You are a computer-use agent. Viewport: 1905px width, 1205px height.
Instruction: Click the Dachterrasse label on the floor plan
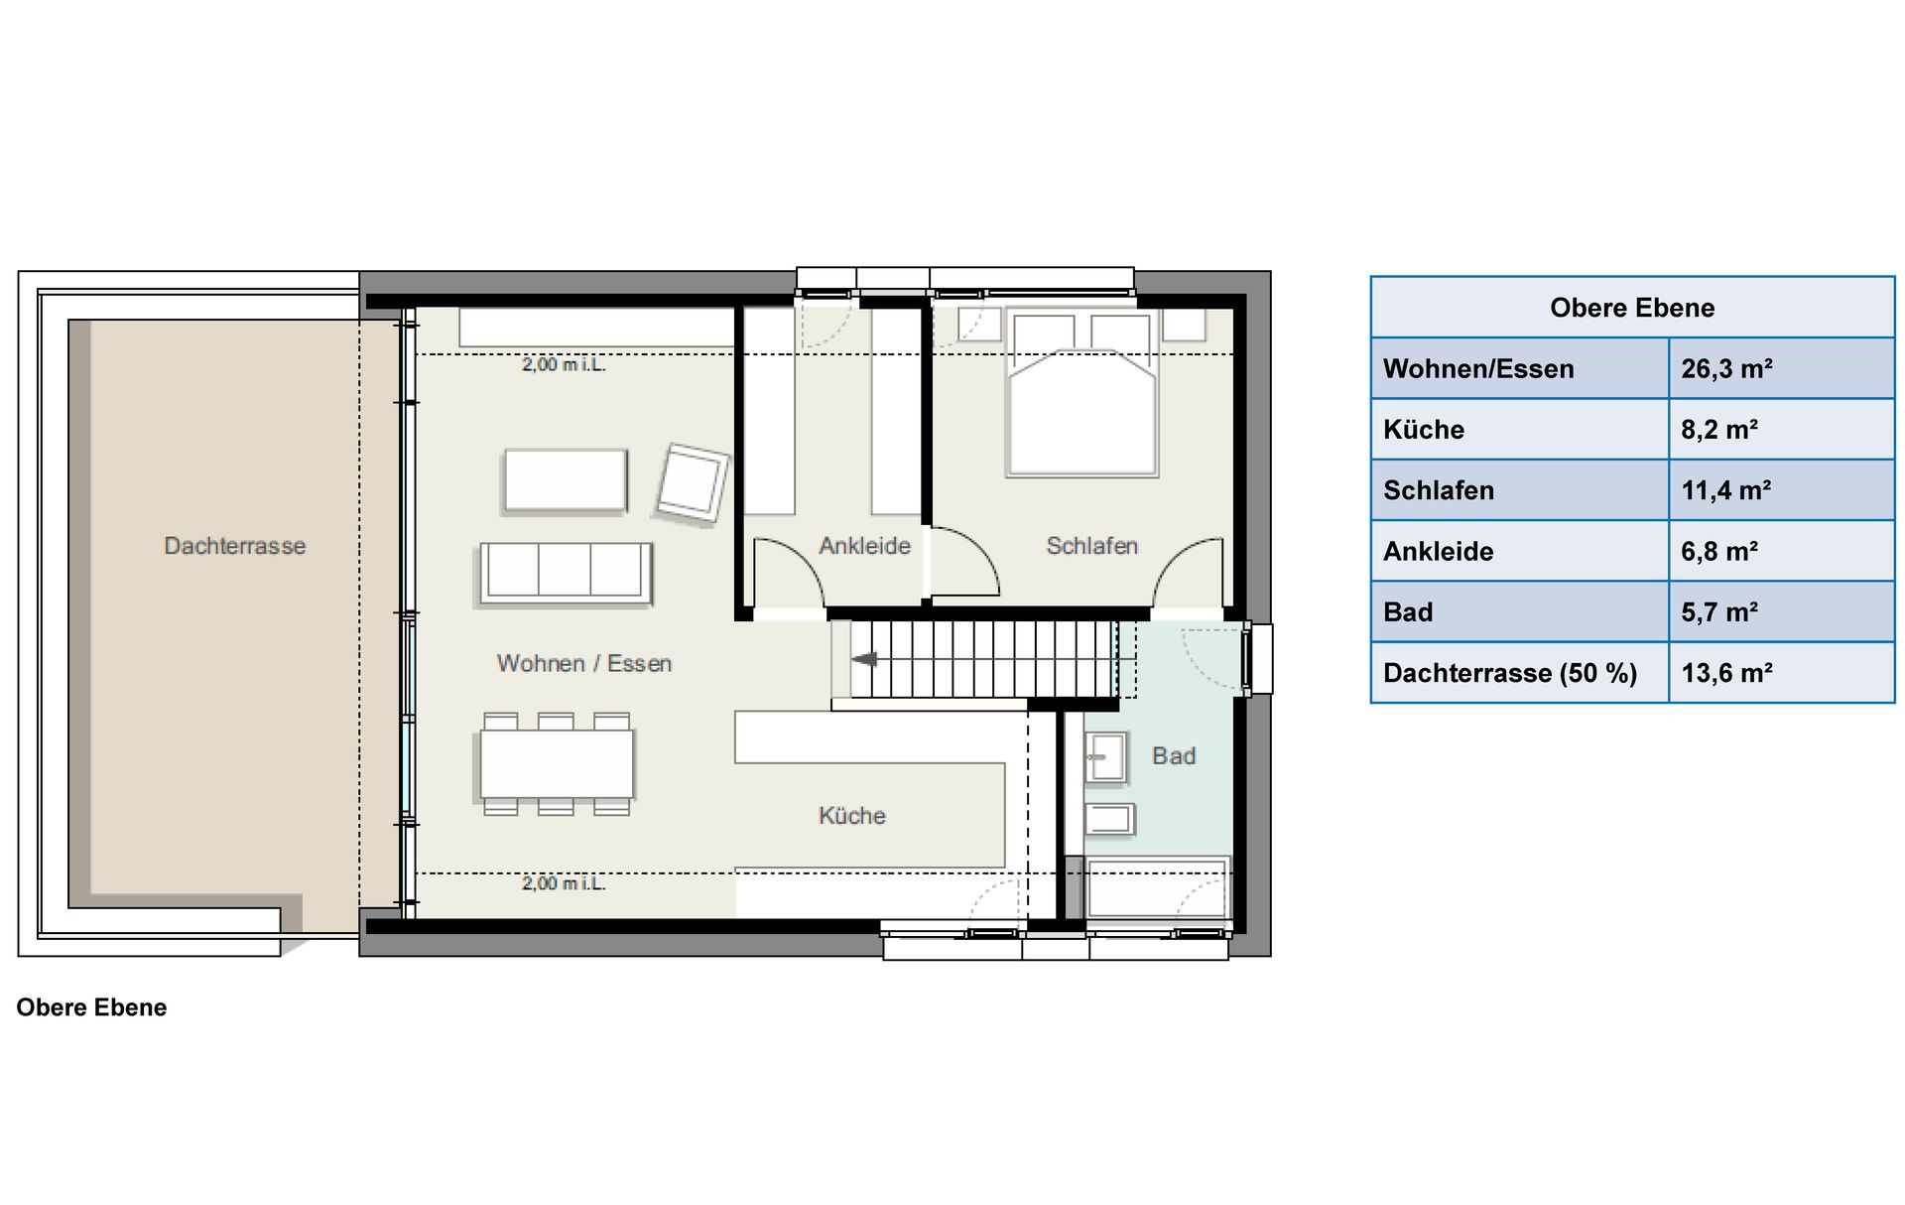(235, 546)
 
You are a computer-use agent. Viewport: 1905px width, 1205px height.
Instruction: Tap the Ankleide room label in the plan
(864, 546)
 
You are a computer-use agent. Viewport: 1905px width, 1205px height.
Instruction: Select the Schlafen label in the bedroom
(1091, 546)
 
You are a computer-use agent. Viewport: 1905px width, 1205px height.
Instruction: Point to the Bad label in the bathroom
(1174, 756)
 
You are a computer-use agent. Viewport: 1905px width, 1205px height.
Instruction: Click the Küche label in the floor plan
(852, 816)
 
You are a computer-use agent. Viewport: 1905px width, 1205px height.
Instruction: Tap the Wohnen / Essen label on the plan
(584, 664)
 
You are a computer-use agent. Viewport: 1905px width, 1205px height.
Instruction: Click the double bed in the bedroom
(1081, 393)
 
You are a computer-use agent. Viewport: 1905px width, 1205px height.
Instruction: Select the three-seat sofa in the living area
(566, 574)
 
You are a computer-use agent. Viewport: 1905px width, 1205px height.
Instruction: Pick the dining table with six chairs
(557, 764)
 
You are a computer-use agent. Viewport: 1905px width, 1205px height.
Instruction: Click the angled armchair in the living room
(692, 483)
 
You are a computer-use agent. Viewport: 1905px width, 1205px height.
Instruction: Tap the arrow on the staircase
(864, 659)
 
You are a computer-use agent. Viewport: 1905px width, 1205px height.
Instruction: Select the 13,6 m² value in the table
(1726, 673)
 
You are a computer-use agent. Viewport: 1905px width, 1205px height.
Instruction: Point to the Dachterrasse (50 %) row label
(1510, 673)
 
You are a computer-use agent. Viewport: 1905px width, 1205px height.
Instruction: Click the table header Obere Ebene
(1632, 308)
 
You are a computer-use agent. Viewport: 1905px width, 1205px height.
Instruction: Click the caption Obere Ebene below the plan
(91, 1007)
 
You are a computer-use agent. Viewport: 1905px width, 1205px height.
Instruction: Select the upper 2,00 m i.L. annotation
(564, 365)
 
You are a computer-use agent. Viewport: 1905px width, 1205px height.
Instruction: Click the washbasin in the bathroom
(1105, 757)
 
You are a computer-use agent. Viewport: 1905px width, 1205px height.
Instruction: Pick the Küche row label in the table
(1424, 430)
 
